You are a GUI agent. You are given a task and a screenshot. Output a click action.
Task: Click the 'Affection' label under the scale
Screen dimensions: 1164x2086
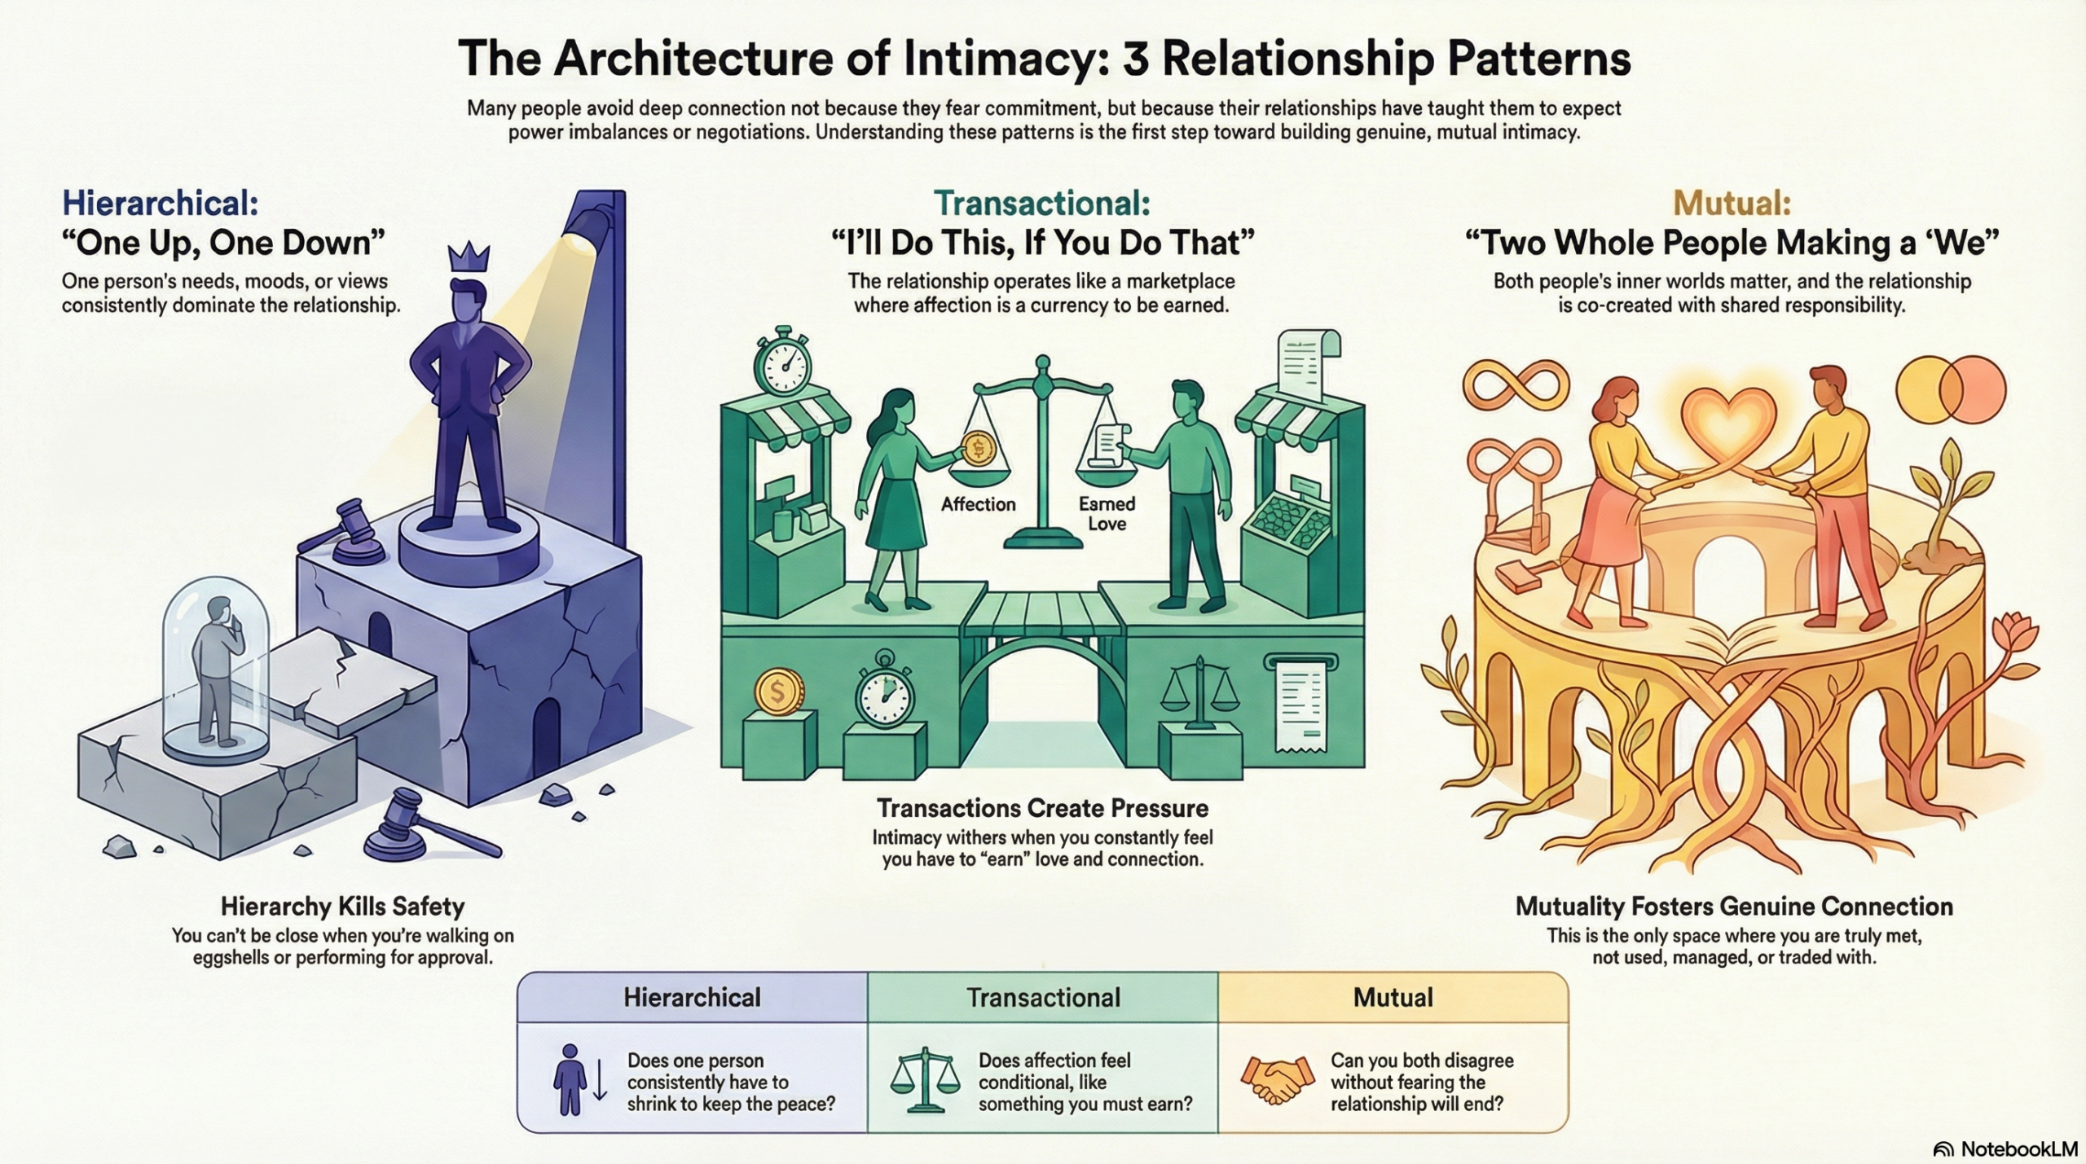(x=978, y=504)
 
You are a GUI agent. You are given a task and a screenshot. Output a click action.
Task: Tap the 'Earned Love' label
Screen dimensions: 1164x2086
(x=1107, y=514)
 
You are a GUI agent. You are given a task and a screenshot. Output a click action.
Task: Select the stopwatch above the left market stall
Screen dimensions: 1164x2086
(x=783, y=362)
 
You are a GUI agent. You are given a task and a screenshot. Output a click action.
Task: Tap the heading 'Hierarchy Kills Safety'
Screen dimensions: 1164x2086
(x=342, y=906)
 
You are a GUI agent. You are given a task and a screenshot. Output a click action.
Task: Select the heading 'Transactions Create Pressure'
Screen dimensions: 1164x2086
(x=1042, y=808)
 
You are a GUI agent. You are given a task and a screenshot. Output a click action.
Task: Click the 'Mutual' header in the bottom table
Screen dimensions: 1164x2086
(x=1393, y=997)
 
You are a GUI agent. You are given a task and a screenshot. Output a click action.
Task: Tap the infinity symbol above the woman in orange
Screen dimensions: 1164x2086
(x=1516, y=384)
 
